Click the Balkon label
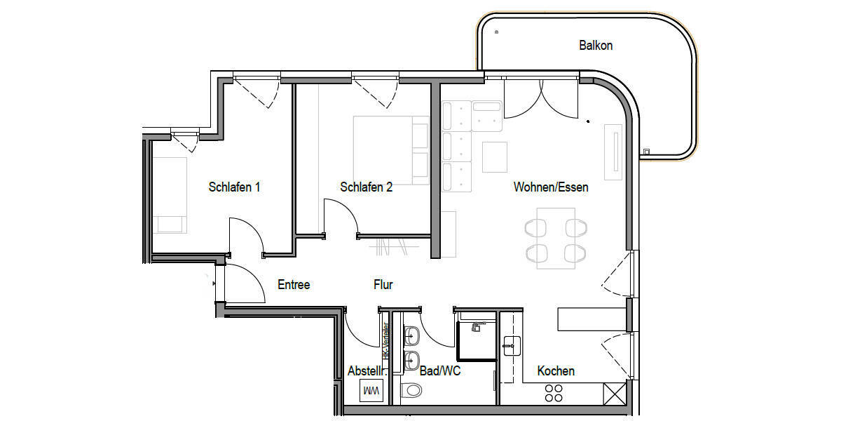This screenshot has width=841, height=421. pyautogui.click(x=596, y=46)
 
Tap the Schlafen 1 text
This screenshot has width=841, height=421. pyautogui.click(x=235, y=187)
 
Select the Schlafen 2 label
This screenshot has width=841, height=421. pyautogui.click(x=366, y=187)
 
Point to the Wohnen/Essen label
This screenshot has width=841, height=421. pyautogui.click(x=551, y=187)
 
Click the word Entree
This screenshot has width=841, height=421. pyautogui.click(x=294, y=285)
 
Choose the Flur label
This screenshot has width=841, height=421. pyautogui.click(x=383, y=285)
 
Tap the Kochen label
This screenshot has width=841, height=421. pyautogui.click(x=556, y=370)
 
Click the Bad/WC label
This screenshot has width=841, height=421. pyautogui.click(x=439, y=370)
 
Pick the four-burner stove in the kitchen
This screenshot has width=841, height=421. pyautogui.click(x=554, y=392)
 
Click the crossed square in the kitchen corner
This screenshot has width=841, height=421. pyautogui.click(x=614, y=392)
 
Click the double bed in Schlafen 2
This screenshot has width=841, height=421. pyautogui.click(x=390, y=150)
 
